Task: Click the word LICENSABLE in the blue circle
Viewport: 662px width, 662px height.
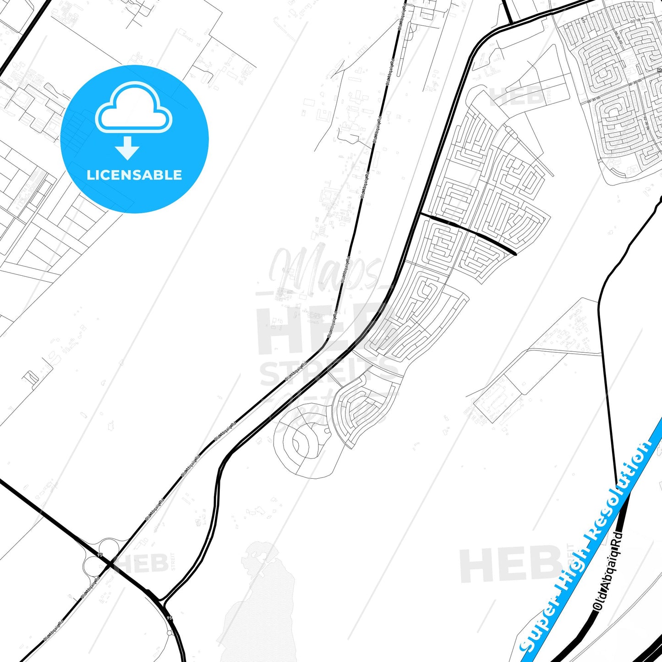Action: click(134, 175)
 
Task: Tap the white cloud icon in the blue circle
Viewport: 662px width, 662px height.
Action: click(133, 109)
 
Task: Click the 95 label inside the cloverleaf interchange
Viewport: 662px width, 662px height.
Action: click(99, 555)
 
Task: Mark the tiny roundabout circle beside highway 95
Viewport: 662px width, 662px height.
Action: click(170, 633)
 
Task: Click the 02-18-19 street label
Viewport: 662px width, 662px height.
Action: click(637, 20)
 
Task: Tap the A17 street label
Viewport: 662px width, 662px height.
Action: click(570, 20)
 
